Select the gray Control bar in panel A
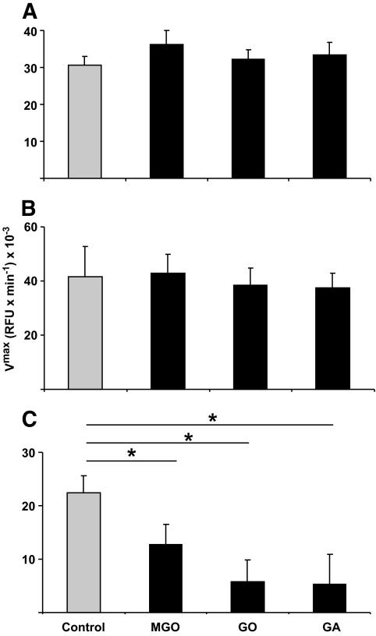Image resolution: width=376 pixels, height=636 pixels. pyautogui.click(x=85, y=122)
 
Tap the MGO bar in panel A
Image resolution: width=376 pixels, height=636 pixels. pyautogui.click(x=168, y=111)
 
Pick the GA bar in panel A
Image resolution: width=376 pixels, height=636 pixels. pyautogui.click(x=333, y=117)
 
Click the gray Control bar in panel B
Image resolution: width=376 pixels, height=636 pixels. pyautogui.click(x=85, y=333)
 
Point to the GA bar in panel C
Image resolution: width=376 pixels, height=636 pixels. pyautogui.click(x=333, y=598)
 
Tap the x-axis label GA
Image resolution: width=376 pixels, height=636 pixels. pyautogui.click(x=333, y=626)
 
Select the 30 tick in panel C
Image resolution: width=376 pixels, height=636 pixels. pyautogui.click(x=30, y=453)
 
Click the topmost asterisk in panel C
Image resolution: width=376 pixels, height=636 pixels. pyautogui.click(x=211, y=419)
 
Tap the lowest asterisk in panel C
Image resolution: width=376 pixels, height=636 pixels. pyautogui.click(x=132, y=453)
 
